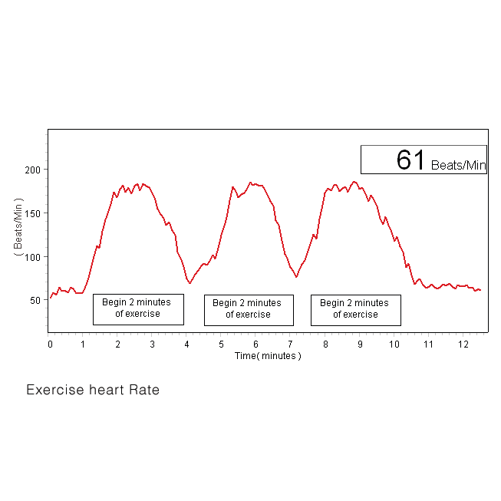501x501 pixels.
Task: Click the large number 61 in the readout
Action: [410, 160]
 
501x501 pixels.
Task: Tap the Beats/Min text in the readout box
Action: [458, 165]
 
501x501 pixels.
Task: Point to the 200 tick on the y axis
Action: [35, 170]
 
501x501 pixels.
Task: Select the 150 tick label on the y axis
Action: [35, 213]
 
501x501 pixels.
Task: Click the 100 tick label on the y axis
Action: [35, 257]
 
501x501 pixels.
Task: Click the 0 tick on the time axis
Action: [50, 344]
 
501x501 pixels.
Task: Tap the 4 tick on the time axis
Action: [187, 344]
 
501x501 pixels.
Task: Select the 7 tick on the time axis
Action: [290, 344]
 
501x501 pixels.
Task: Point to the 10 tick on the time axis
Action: [394, 344]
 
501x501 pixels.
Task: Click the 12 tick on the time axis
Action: [463, 344]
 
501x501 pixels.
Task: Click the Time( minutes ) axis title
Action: [268, 356]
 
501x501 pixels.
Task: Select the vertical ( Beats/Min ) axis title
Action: [18, 227]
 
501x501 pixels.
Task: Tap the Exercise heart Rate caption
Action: [93, 390]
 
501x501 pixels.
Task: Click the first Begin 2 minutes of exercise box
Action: [138, 309]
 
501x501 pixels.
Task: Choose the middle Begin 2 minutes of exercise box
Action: [249, 310]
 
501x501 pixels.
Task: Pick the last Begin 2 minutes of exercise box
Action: [355, 310]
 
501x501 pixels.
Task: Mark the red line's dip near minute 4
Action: [190, 282]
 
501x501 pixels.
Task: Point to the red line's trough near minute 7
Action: [296, 276]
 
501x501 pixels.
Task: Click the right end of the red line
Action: [480, 290]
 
